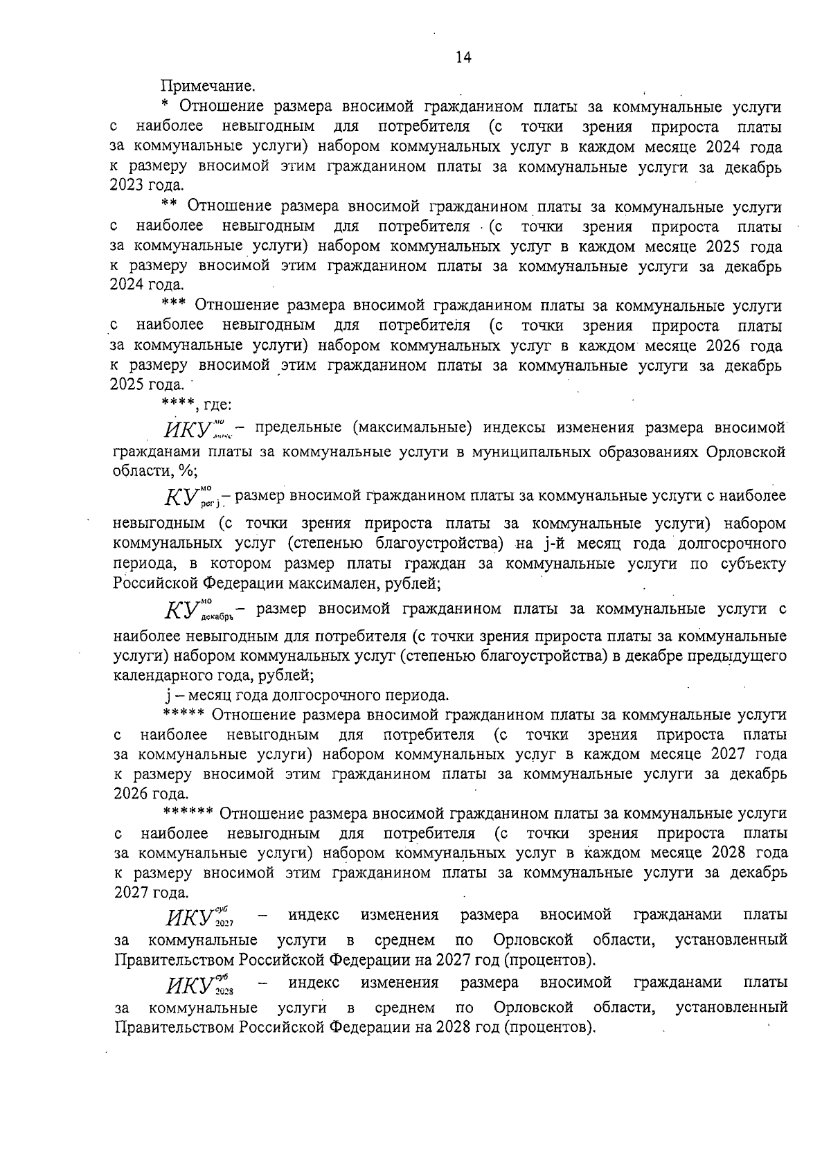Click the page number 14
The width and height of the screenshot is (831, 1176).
point(463,59)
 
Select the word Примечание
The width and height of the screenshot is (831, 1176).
point(208,87)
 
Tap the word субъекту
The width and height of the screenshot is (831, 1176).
point(755,564)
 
